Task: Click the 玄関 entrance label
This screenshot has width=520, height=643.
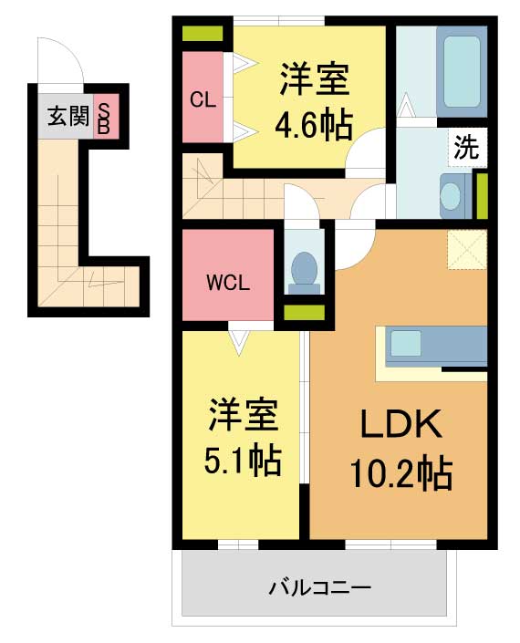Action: point(68,116)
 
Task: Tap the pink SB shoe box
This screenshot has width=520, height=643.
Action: point(106,116)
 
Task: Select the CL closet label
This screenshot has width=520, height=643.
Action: point(203,99)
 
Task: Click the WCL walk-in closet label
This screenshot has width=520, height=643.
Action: point(228,283)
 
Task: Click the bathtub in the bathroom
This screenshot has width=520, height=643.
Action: point(462,71)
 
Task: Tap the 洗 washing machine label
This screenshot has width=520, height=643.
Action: point(467,148)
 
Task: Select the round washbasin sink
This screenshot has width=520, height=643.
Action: point(451,196)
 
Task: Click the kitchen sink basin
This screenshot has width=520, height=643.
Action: point(406,343)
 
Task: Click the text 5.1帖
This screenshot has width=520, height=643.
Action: point(243,460)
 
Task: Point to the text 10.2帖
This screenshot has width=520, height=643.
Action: point(401,473)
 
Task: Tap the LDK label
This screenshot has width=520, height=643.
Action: point(401,423)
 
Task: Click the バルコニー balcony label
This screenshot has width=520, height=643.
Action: point(320,588)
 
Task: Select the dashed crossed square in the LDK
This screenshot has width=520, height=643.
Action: point(467,249)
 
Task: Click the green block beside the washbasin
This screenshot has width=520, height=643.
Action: point(482,196)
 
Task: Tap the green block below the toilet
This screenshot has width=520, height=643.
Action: point(305,313)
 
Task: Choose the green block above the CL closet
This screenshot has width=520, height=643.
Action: point(203,34)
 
